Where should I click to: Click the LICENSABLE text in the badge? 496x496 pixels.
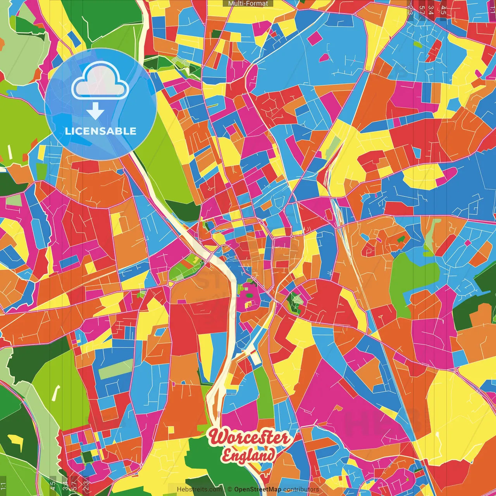click(x=101, y=131)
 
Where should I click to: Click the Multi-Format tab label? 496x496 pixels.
click(x=248, y=3)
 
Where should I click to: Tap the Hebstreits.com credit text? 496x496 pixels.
click(x=199, y=489)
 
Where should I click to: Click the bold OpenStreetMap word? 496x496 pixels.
click(x=258, y=489)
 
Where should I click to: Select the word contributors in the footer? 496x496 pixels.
click(x=301, y=489)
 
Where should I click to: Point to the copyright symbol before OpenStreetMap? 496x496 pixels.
click(x=230, y=489)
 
